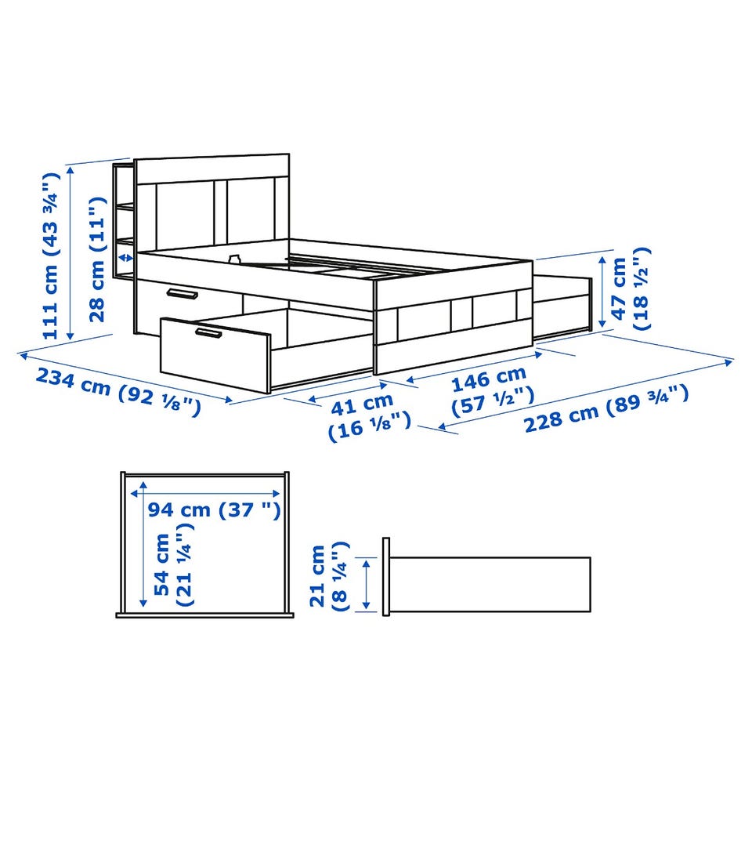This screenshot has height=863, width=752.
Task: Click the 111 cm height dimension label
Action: (x=50, y=256)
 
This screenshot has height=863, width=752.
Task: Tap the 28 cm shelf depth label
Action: (x=97, y=259)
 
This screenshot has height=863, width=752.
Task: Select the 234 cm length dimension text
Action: (x=118, y=391)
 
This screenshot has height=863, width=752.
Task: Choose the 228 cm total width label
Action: (x=606, y=408)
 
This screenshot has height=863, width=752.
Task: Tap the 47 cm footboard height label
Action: (x=631, y=289)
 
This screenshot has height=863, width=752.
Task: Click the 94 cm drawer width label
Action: (x=215, y=509)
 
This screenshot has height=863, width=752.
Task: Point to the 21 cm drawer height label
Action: (x=329, y=576)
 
